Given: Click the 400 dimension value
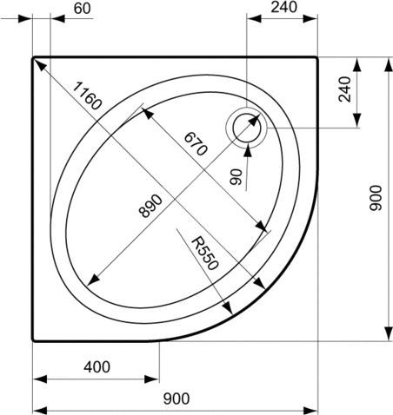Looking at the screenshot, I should tap(97, 366).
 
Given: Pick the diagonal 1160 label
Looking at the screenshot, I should tap(88, 96).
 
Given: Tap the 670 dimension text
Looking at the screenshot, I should tap(194, 142).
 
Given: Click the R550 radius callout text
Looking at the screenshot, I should tap(205, 251).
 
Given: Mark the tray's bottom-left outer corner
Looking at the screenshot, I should tap(34, 340).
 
